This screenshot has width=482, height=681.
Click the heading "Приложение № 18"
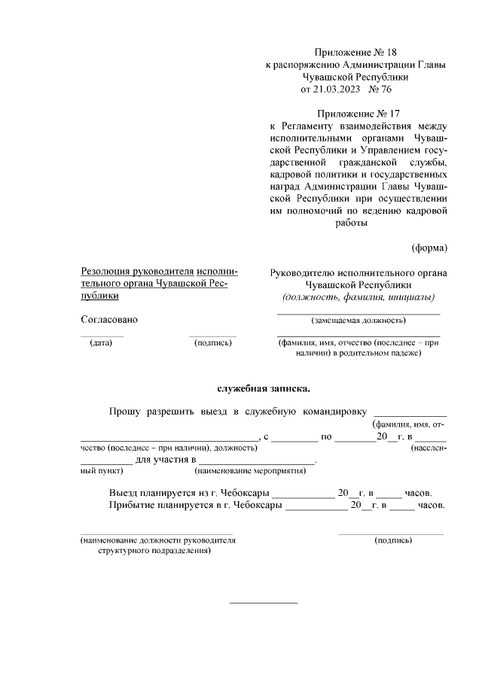tap(356, 53)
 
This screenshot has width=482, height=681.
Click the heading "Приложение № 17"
tap(356, 114)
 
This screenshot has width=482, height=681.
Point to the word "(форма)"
tap(429, 248)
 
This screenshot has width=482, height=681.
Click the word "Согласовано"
tap(109, 319)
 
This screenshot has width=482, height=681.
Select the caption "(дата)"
tap(100, 343)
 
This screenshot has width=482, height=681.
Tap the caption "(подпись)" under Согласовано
tap(212, 343)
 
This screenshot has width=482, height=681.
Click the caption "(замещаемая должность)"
tap(358, 320)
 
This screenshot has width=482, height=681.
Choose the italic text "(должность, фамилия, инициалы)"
tap(358, 297)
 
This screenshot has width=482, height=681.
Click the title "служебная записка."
tap(264, 389)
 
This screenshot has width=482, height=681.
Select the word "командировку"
tap(334, 412)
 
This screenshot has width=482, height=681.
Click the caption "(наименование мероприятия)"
tap(249, 471)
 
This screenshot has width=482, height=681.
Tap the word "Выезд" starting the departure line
tap(123, 492)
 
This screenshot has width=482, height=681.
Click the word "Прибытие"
tap(130, 505)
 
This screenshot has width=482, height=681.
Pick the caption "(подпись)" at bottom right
tap(393, 540)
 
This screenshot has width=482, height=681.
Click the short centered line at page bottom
tap(263, 602)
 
